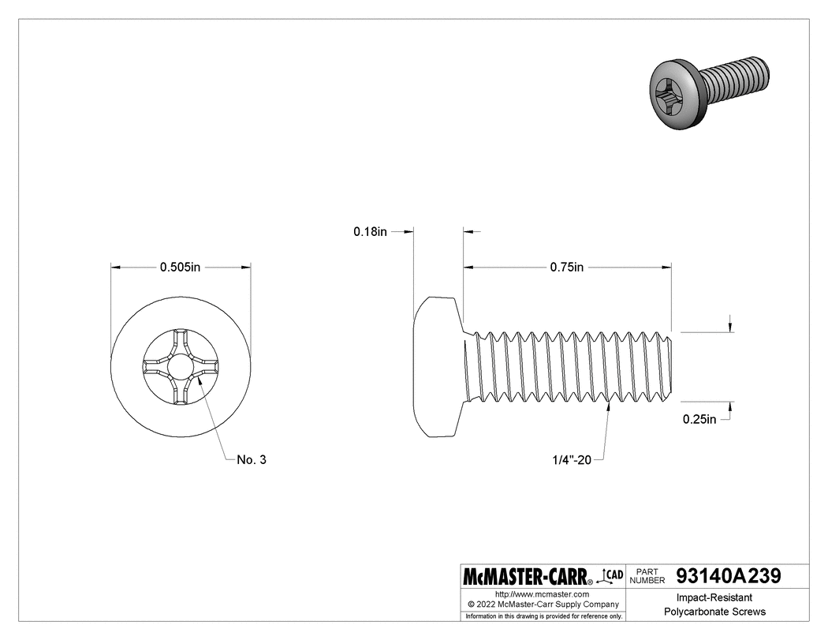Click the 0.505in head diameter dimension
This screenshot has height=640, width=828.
(x=181, y=268)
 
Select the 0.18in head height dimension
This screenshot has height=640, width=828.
(x=370, y=232)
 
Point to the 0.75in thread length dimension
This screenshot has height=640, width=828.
(x=566, y=268)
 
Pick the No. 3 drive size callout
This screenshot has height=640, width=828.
(x=251, y=460)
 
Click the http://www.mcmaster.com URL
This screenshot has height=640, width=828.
(x=541, y=593)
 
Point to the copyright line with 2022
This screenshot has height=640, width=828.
(x=541, y=604)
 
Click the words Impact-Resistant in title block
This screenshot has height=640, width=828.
(x=714, y=598)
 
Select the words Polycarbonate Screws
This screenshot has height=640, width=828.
(x=714, y=612)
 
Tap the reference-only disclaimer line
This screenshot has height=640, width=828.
(x=543, y=616)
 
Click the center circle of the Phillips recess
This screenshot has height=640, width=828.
(x=181, y=367)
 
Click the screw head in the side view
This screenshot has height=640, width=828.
(x=436, y=367)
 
